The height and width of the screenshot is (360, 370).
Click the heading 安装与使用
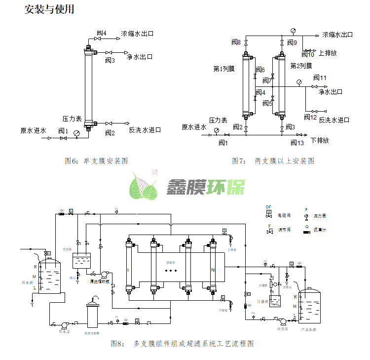pos(49,9)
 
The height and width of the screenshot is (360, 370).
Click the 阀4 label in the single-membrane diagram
pos(100,34)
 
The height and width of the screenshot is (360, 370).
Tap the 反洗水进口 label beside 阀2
pos(145,130)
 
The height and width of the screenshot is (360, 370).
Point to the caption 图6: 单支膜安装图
pos(97,161)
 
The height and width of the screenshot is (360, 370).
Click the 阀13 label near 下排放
pos(297,143)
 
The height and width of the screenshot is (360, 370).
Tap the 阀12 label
pos(310,117)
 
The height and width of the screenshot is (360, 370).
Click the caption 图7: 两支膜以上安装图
pos(273,161)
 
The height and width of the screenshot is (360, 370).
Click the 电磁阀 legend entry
pos(285,215)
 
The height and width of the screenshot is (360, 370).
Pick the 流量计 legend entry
pos(320,230)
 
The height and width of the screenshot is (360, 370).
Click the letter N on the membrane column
pos(213,270)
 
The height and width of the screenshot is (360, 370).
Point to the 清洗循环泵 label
pos(99,281)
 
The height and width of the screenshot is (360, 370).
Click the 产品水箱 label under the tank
pos(309,328)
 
